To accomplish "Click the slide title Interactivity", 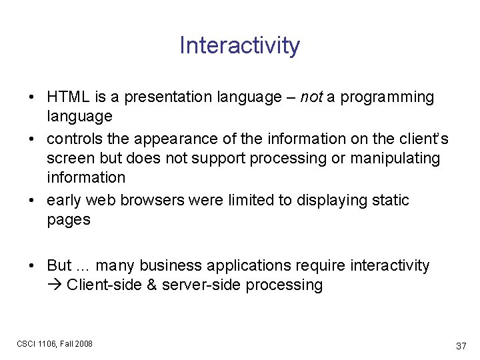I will [x=239, y=45].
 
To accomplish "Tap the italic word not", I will [x=311, y=97].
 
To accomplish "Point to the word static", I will [x=390, y=200].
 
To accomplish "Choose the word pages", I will [x=68, y=220].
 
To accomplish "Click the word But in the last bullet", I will [x=59, y=265].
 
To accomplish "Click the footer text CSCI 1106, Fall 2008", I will [x=55, y=343].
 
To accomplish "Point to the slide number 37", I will [x=461, y=346].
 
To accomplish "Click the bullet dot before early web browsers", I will [x=33, y=201].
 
